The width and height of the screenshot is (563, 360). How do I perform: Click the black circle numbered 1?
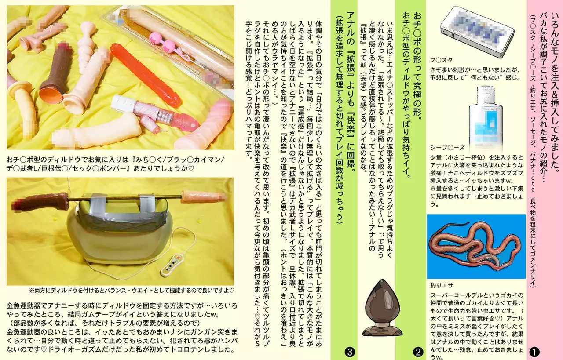click(x=534, y=352)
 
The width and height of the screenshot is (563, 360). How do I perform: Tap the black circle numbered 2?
click(x=418, y=352)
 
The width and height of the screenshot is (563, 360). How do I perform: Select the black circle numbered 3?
click(x=350, y=352)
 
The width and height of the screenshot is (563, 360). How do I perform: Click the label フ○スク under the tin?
click(x=441, y=60)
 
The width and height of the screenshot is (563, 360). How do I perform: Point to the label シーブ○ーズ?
click(x=447, y=148)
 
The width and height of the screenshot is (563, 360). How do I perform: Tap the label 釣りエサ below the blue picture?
click(x=442, y=285)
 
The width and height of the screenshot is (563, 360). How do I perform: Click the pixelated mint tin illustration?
click(x=477, y=33)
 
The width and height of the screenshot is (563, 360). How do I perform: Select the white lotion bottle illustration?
click(x=485, y=118)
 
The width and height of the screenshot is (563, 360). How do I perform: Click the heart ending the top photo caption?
click(x=191, y=168)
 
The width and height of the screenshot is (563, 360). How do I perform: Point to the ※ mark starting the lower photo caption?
click(x=31, y=291)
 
